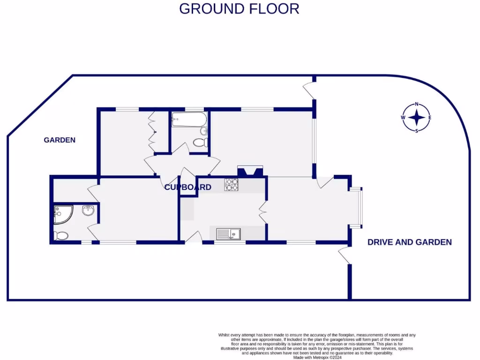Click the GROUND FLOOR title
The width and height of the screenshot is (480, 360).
239,8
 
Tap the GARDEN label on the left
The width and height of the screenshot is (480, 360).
60,140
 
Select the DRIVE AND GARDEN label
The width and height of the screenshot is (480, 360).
409,242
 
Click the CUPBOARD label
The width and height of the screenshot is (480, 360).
187,187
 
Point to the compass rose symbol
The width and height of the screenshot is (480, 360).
416,118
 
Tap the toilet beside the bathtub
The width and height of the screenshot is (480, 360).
201,142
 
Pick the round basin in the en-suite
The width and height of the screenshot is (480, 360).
88,211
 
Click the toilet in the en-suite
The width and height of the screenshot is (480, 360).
61,235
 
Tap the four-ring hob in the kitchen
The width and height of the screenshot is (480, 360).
231,185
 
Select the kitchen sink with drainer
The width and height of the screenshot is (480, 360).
228,233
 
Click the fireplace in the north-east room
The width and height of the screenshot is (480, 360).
251,171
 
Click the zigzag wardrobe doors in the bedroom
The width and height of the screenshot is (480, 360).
152,128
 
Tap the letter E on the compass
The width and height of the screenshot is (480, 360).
430,118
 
